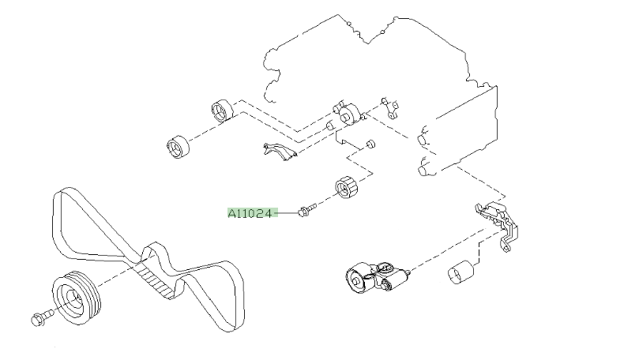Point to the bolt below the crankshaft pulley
point(39,319)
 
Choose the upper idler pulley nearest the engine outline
point(223,111)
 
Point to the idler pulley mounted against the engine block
point(348,115)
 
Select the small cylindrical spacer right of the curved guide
point(369,144)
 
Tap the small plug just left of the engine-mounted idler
point(329,125)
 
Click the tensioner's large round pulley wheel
point(358,278)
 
